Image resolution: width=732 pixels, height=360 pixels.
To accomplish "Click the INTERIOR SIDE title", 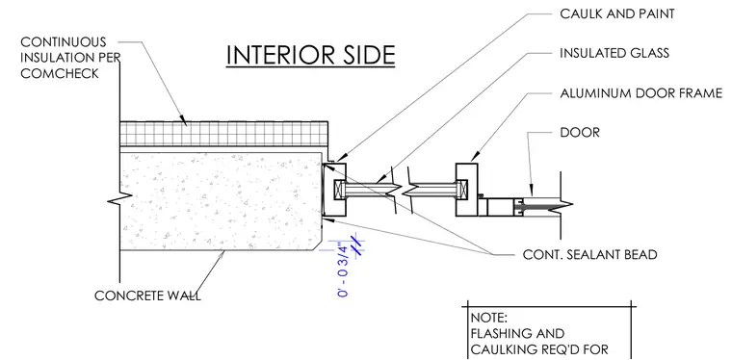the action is coord(310,55).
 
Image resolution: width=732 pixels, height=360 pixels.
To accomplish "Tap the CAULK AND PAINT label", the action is coord(617,14).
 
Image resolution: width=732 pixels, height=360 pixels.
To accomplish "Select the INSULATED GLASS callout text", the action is coord(614,53).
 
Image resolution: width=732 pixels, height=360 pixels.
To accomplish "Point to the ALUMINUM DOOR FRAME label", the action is coord(641,93).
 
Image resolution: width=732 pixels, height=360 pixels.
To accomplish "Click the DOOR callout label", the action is coord(580,133).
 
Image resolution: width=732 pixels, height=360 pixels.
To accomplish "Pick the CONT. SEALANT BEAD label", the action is coord(589,255).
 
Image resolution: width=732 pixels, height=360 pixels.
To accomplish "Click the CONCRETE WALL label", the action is coord(147,296).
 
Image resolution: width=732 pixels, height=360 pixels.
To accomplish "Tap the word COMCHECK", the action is coord(60,74).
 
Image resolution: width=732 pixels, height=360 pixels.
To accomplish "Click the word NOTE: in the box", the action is coord(488,318).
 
